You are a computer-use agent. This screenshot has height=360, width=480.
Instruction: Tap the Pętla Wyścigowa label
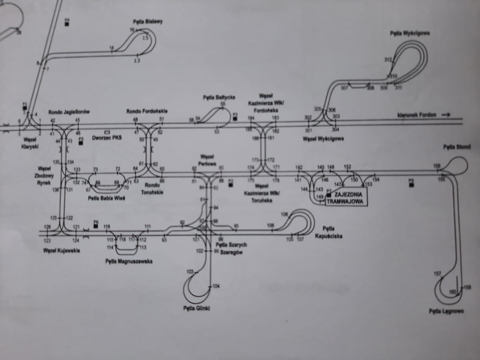coord(410,34)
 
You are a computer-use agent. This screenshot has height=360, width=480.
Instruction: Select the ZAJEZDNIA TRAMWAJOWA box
coord(346,198)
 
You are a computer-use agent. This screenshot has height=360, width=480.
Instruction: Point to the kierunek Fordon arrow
coord(424,115)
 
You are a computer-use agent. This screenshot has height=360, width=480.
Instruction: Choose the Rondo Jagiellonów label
coord(69,112)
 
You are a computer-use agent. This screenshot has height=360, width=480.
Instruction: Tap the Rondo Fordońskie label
coord(147,111)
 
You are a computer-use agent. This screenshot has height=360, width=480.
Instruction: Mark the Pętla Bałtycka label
coord(219,97)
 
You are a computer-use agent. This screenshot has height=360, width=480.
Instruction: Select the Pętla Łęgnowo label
coord(446,311)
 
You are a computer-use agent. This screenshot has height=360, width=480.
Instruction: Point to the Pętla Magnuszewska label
coord(129,261)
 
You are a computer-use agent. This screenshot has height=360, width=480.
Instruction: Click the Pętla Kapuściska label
coord(328,232)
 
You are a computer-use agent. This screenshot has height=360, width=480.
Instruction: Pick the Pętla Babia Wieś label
coord(106,198)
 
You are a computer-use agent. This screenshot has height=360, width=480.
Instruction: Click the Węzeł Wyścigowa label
coord(324,139)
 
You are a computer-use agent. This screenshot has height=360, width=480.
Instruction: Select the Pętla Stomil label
coord(457,147)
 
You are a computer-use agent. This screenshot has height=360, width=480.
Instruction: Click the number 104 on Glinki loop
coord(216,286)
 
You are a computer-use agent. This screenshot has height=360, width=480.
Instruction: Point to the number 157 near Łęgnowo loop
coord(437,274)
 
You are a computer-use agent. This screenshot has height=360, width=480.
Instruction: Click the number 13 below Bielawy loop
coord(137,61)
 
